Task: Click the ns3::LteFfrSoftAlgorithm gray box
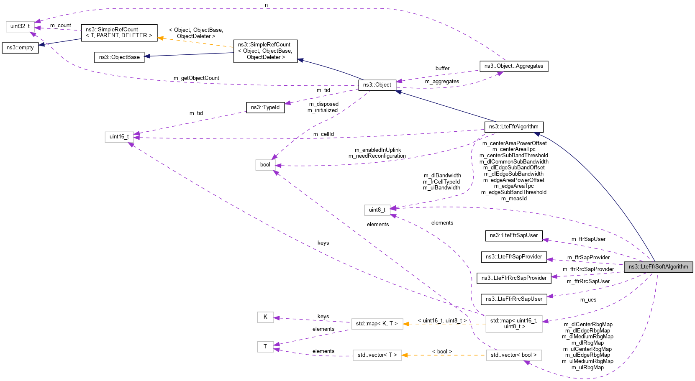click(658, 267)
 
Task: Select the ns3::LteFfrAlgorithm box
click(513, 127)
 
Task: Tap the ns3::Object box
click(377, 85)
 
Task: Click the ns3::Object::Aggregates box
click(513, 66)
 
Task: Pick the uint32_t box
click(20, 26)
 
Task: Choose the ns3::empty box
click(20, 48)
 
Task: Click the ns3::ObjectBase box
click(119, 57)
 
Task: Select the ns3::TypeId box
click(265, 107)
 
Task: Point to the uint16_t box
click(119, 137)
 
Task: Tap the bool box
click(265, 165)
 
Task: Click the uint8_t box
click(377, 210)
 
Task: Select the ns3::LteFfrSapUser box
click(513, 235)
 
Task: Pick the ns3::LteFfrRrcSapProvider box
click(513, 278)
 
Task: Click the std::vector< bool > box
click(513, 355)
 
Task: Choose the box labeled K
click(265, 317)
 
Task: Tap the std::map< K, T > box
click(377, 324)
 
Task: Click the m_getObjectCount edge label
click(196, 78)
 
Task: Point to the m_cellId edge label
click(323, 134)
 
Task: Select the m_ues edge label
click(588, 300)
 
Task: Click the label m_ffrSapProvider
click(588, 258)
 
